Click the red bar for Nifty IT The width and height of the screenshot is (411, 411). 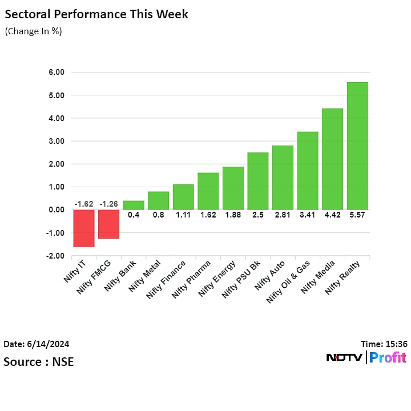click(x=83, y=228)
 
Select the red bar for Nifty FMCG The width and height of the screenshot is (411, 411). click(x=108, y=224)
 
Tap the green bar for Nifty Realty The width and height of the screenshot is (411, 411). click(x=357, y=146)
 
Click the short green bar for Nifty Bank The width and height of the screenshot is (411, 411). click(x=134, y=205)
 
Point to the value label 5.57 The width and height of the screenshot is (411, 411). click(x=357, y=215)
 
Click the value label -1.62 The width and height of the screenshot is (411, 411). click(x=83, y=204)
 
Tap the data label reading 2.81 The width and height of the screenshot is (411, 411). click(x=283, y=215)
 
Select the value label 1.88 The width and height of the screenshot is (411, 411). click(x=233, y=215)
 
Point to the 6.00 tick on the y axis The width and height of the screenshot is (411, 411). click(x=57, y=72)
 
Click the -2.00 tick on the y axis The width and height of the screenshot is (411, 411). click(x=55, y=256)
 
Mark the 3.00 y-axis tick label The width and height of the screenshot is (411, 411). click(x=57, y=141)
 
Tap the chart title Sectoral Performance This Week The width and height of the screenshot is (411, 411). click(x=96, y=14)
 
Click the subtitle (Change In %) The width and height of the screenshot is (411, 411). click(x=33, y=31)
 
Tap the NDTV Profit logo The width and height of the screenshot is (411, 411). click(x=366, y=358)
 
